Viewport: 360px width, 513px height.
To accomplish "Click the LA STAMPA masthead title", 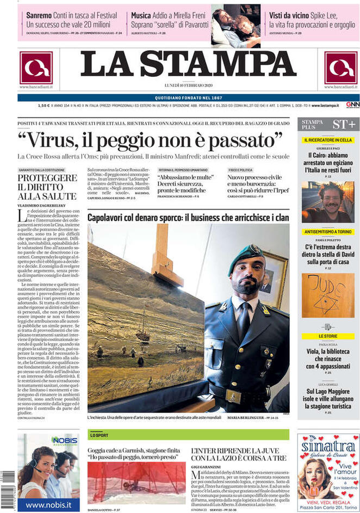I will [180, 66].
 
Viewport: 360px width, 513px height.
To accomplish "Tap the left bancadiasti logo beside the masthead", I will [36, 68].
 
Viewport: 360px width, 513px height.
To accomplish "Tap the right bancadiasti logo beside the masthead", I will [340, 68].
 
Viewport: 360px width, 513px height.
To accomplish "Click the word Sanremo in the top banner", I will [39, 16].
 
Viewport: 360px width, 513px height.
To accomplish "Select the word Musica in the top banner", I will [141, 16].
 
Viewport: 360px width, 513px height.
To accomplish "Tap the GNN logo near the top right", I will [352, 105].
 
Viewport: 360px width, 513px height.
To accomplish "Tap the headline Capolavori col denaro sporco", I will [188, 218].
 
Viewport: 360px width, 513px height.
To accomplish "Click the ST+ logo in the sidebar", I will [344, 125].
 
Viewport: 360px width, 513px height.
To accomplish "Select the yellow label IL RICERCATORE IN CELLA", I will [327, 140].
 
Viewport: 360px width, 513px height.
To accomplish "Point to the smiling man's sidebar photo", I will [327, 202].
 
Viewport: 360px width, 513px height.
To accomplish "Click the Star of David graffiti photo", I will [327, 295].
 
